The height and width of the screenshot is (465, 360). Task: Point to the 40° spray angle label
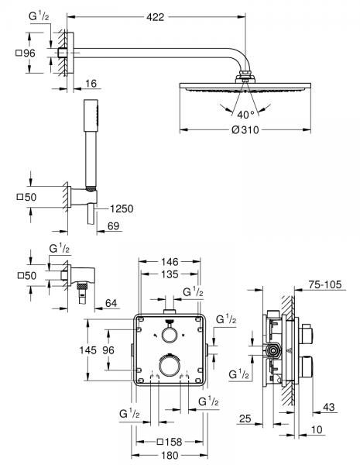coord(245,115)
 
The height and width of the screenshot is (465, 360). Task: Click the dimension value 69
coord(113,225)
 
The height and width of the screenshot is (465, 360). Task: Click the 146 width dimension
coord(170,263)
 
